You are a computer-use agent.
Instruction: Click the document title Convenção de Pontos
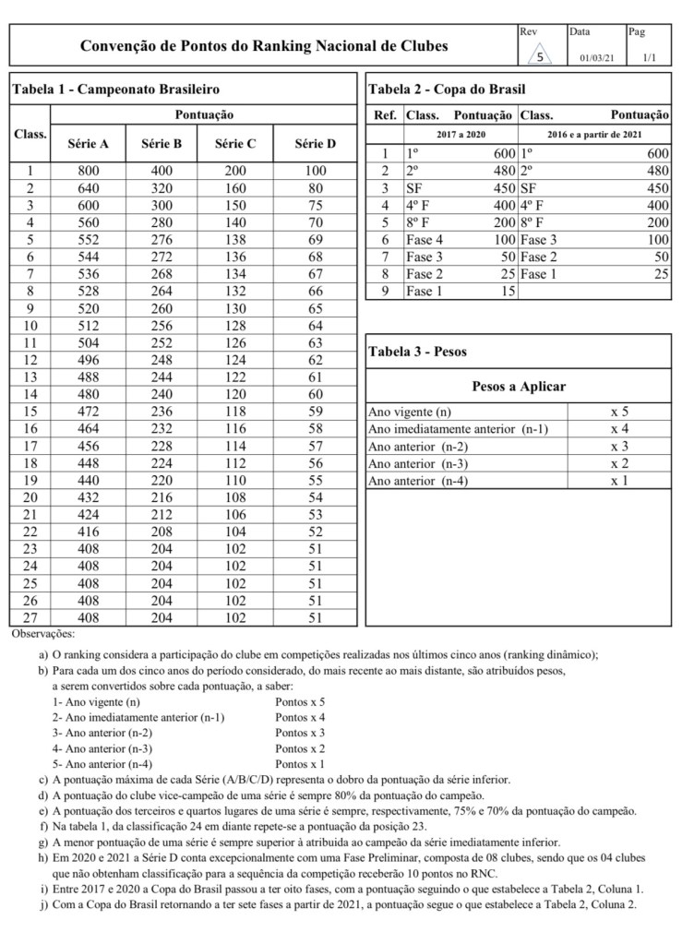[x=264, y=45]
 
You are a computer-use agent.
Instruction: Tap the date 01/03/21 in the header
[x=597, y=58]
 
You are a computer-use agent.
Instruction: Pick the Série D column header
[x=316, y=144]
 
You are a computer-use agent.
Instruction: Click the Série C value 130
[x=235, y=308]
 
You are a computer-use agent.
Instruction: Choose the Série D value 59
[x=316, y=412]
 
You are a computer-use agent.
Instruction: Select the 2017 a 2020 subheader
[x=460, y=135]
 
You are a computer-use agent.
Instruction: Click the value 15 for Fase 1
[x=505, y=291]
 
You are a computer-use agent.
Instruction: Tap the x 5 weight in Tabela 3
[x=619, y=412]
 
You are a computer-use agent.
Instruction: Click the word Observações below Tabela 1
[x=43, y=636]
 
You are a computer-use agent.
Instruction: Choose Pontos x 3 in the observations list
[x=300, y=732]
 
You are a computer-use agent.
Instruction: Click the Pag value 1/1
[x=649, y=58]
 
